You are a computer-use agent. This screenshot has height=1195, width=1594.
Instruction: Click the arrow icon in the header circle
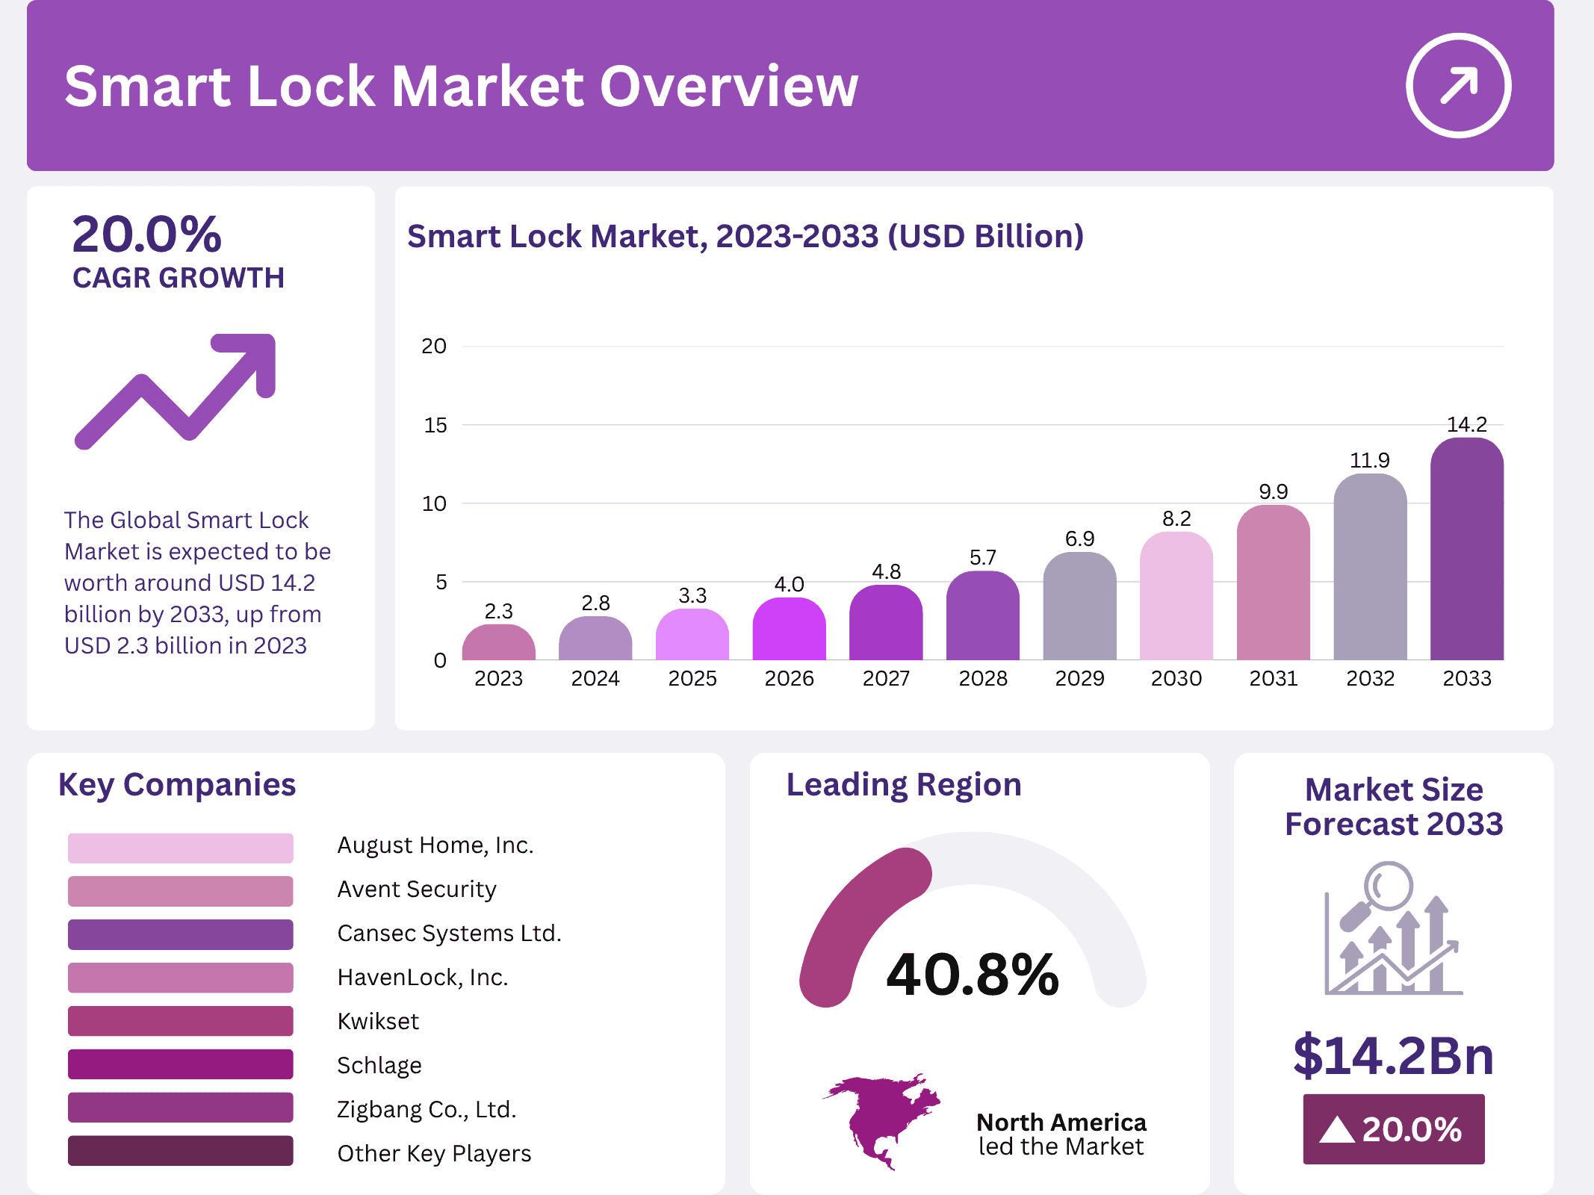click(1458, 85)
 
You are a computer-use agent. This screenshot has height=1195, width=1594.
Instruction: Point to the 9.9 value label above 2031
click(1273, 491)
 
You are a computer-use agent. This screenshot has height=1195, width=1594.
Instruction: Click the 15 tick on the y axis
click(435, 425)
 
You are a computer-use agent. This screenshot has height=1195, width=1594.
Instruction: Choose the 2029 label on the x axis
click(1079, 678)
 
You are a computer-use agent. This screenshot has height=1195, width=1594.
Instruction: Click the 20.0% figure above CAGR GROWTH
click(147, 235)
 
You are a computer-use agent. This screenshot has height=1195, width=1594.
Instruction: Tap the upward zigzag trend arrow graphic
click(176, 391)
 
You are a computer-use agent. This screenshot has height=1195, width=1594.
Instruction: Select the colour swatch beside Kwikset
click(180, 1020)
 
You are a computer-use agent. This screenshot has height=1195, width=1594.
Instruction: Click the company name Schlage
click(379, 1065)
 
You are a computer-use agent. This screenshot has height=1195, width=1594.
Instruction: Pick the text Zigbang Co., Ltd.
click(427, 1109)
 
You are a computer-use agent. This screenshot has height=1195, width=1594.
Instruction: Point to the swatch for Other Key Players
click(180, 1151)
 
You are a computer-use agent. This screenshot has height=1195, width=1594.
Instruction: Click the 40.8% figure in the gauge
click(972, 975)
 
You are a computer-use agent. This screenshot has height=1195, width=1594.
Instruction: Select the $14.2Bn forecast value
click(1393, 1055)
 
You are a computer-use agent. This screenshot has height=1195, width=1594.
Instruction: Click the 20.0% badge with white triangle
click(1393, 1129)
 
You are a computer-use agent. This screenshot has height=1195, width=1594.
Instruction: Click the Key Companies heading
click(177, 785)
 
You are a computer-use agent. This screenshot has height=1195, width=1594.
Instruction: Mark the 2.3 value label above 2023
click(498, 611)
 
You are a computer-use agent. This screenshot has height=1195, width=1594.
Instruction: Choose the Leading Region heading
click(903, 785)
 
